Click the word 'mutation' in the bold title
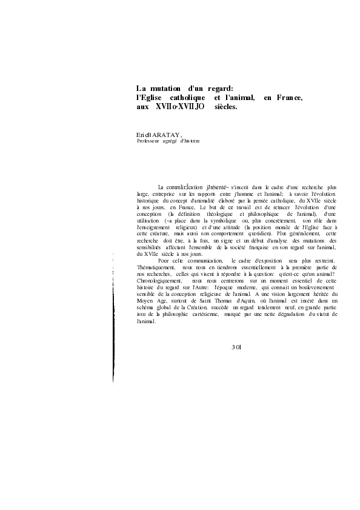tap(165, 87)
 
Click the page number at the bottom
tap(236, 346)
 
